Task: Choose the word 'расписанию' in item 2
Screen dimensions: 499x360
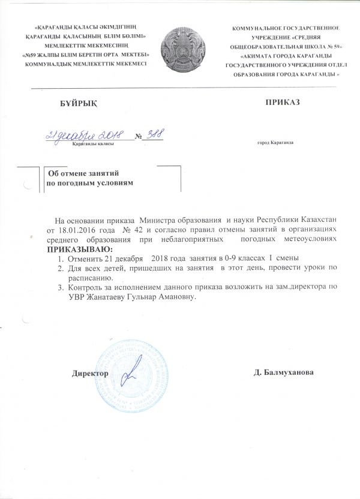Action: pyautogui.click(x=87, y=279)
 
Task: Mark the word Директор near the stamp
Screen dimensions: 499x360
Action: pyautogui.click(x=90, y=373)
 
